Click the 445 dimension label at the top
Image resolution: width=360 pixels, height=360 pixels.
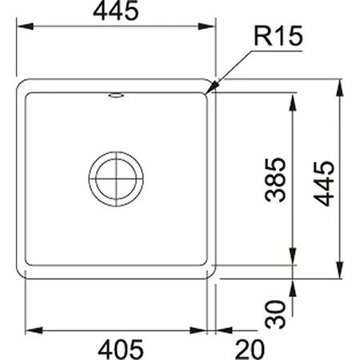coord(116,10)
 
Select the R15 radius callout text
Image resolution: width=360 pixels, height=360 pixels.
coord(278,36)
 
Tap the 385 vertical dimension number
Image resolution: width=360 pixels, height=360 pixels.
coord(275,180)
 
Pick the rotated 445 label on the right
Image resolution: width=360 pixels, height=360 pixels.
coord(323,183)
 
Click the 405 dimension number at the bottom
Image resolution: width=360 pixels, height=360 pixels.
coord(121,349)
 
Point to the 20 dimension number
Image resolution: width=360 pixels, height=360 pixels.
coord(250,349)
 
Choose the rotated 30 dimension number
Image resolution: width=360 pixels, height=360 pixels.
coord(275,314)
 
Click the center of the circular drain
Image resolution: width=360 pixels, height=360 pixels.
coord(116,179)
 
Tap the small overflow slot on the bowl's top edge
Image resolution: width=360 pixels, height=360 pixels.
coord(116,95)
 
